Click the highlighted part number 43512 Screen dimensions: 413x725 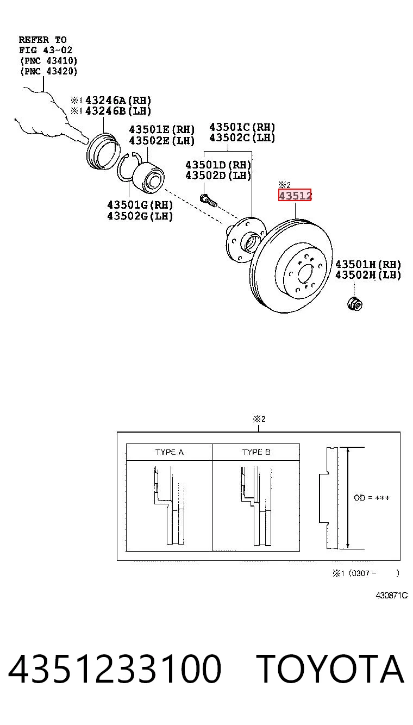pyautogui.click(x=295, y=195)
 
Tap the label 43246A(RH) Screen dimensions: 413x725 pyautogui.click(x=118, y=101)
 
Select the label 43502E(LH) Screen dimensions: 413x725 pyautogui.click(x=162, y=141)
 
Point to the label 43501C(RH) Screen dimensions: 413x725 pyautogui.click(x=242, y=127)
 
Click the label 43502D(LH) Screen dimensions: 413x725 pyautogui.click(x=218, y=176)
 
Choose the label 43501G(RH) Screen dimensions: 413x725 pyautogui.click(x=140, y=205)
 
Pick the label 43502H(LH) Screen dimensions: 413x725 pyautogui.click(x=368, y=275)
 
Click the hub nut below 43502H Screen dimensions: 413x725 pyautogui.click(x=354, y=304)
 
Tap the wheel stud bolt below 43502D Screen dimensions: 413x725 pyautogui.click(x=209, y=201)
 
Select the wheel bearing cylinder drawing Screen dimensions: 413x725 pyautogui.click(x=149, y=177)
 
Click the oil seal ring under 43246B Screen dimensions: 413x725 pyautogui.click(x=104, y=151)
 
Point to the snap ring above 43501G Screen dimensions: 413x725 pyautogui.click(x=128, y=166)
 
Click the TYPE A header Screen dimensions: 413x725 pyautogui.click(x=170, y=452)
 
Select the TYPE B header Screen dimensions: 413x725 pyautogui.click(x=256, y=452)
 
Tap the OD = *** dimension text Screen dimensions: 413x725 pyautogui.click(x=372, y=498)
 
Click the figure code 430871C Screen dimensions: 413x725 pyautogui.click(x=392, y=595)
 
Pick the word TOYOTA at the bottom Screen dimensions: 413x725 pyautogui.click(x=330, y=669)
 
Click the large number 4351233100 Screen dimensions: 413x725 pyautogui.click(x=115, y=669)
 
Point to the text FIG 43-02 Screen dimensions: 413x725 pyautogui.click(x=46, y=50)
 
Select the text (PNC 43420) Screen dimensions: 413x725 pyautogui.click(x=49, y=71)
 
